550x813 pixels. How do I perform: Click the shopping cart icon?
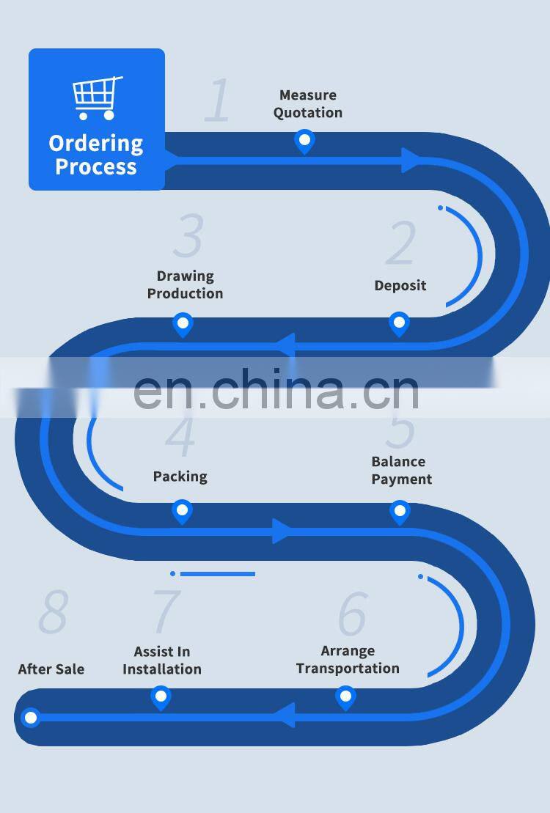pos(98,98)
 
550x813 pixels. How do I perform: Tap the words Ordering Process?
pos(96,155)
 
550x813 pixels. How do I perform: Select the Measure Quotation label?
pos(308,103)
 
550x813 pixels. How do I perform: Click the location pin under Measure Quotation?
pos(304,141)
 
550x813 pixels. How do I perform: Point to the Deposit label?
pos(400,286)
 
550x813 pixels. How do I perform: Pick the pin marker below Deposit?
pos(399,324)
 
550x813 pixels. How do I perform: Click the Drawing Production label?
pos(186,284)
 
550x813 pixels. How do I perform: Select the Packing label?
pos(180,477)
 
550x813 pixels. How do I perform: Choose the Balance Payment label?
pos(402,470)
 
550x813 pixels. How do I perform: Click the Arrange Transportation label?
pos(348,660)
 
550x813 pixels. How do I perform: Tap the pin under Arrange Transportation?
pos(345,698)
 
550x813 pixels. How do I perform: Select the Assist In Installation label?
pos(162,660)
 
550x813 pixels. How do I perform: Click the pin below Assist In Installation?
pos(161,698)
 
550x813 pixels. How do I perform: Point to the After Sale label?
pos(51,669)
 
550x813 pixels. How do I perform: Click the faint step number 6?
pos(353,614)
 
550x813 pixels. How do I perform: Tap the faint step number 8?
pos(54,612)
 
